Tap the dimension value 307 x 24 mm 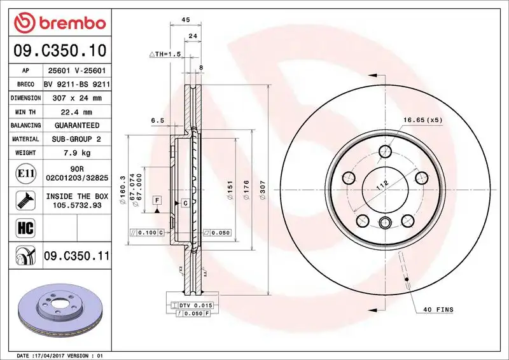[77, 98]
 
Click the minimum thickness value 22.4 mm [77, 112]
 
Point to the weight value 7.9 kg [77, 153]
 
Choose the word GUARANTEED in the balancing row [77, 125]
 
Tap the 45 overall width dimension [186, 20]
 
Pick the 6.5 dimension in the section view [158, 120]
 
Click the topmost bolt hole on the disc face [385, 151]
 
